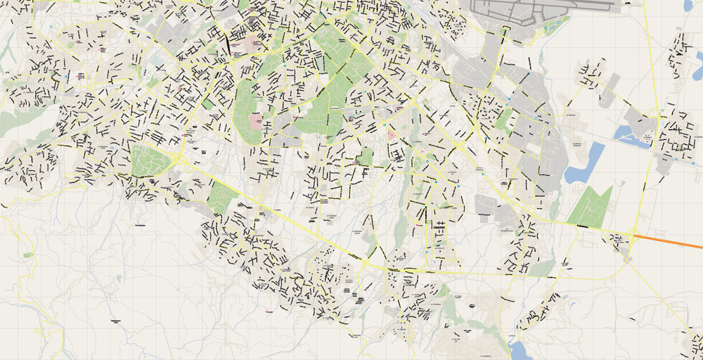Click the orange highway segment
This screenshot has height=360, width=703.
(671, 241)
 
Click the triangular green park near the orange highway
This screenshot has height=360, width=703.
(591, 207)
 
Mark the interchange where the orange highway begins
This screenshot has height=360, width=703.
(635, 236)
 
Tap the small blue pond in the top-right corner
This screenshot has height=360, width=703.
(688, 6)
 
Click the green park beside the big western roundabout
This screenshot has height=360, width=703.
(150, 161)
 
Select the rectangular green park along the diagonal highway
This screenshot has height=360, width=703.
(221, 197)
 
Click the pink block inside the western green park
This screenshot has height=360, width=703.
(255, 121)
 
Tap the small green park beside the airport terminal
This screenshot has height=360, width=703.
(557, 27)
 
